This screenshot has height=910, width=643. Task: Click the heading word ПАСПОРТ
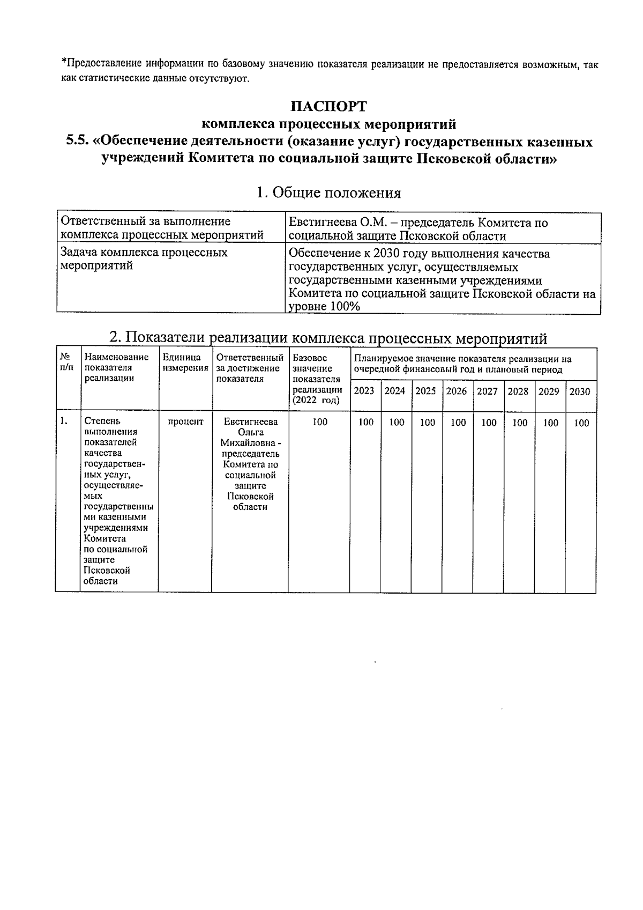click(328, 106)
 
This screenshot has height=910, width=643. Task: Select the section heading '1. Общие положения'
click(328, 193)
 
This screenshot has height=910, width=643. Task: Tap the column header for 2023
click(364, 391)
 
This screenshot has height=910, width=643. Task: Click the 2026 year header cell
click(457, 391)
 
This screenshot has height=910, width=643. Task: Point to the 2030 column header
click(579, 391)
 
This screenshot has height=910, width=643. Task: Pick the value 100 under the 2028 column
click(520, 423)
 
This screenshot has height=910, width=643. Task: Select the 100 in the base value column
click(320, 422)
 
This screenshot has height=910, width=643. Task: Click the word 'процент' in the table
click(185, 422)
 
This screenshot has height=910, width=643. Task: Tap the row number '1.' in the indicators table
click(64, 421)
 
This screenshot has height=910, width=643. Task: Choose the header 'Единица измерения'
click(185, 362)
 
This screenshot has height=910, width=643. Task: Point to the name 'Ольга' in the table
click(250, 432)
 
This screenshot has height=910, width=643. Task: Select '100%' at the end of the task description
click(343, 307)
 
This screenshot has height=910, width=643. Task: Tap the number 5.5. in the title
click(77, 142)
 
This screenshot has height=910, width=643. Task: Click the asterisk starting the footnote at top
click(63, 63)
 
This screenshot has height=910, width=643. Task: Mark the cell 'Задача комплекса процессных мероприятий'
click(144, 259)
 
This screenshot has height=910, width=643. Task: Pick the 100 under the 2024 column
click(397, 423)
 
